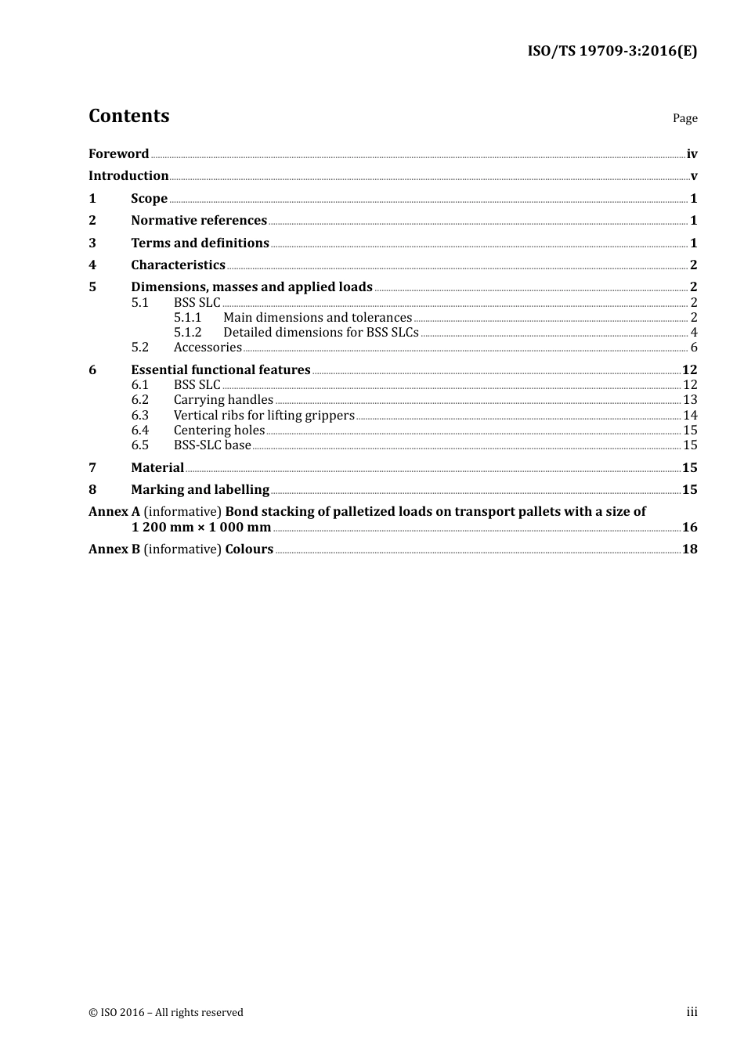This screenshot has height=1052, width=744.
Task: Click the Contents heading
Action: pyautogui.click(x=129, y=116)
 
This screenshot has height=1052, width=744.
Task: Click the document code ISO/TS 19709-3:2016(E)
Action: pyautogui.click(x=612, y=51)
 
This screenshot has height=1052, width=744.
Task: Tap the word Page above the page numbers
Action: pyautogui.click(x=684, y=118)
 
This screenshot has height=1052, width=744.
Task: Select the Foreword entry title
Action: pyautogui.click(x=118, y=153)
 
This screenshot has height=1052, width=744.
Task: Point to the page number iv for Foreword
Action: pyautogui.click(x=692, y=153)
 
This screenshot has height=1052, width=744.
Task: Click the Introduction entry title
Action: pyautogui.click(x=128, y=175)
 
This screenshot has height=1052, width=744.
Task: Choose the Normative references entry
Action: pyautogui.click(x=199, y=220)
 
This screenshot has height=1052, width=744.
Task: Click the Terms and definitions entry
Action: pyautogui.click(x=200, y=243)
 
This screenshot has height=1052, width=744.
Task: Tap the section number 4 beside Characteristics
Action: pyautogui.click(x=92, y=265)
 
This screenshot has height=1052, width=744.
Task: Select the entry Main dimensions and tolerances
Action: pyautogui.click(x=317, y=317)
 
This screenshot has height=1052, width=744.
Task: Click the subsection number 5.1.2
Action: pyautogui.click(x=187, y=332)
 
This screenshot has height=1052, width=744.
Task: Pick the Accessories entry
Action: pyautogui.click(x=208, y=347)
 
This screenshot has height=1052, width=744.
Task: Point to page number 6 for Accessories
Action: pyautogui.click(x=694, y=347)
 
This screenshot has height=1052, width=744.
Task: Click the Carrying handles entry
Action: pyautogui.click(x=223, y=399)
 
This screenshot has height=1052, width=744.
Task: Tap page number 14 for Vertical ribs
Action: pyautogui.click(x=690, y=415)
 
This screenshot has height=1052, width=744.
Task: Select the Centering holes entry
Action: pyautogui.click(x=219, y=430)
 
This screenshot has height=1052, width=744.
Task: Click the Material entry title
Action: pyautogui.click(x=157, y=467)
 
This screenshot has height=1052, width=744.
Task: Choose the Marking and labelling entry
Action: pyautogui.click(x=200, y=489)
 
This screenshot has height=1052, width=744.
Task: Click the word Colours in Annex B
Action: pyautogui.click(x=249, y=549)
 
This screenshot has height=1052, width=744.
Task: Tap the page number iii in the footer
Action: pyautogui.click(x=692, y=1012)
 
